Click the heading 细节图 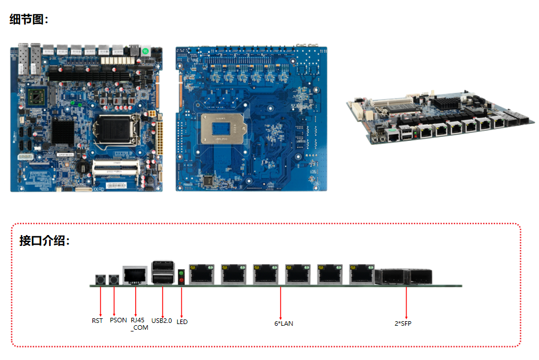click(x=29, y=19)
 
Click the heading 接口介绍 click(x=44, y=241)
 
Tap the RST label click(x=98, y=321)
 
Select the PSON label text click(x=118, y=321)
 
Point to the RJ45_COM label click(x=139, y=323)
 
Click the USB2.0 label click(x=162, y=321)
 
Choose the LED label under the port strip click(x=182, y=322)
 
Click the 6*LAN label click(x=283, y=323)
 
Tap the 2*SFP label click(x=403, y=323)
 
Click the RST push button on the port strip click(x=100, y=280)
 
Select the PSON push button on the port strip click(x=115, y=280)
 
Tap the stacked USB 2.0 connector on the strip click(x=163, y=273)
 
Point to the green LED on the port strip click(x=181, y=273)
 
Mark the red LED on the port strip click(x=181, y=280)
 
